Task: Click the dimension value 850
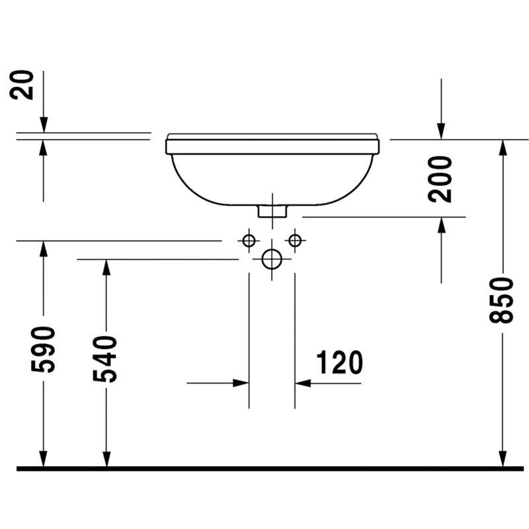pyautogui.click(x=501, y=300)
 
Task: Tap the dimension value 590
pyautogui.click(x=43, y=350)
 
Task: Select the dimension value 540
pyautogui.click(x=105, y=359)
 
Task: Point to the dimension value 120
pyautogui.click(x=339, y=362)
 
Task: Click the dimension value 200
pyautogui.click(x=440, y=179)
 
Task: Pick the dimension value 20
pyautogui.click(x=22, y=85)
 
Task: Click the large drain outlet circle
pyautogui.click(x=272, y=259)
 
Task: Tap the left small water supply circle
pyautogui.click(x=249, y=241)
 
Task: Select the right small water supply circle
pyautogui.click(x=295, y=241)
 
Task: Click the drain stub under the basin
pyautogui.click(x=272, y=211)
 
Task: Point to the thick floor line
pyautogui.click(x=270, y=469)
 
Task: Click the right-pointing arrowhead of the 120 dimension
pyautogui.click(x=241, y=384)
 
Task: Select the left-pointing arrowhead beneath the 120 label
pyautogui.click(x=303, y=384)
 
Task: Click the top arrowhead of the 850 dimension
pyautogui.click(x=503, y=147)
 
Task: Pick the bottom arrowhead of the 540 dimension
pyautogui.click(x=106, y=459)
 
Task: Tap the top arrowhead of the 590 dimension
pyautogui.click(x=43, y=249)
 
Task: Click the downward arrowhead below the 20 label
pyautogui.click(x=44, y=124)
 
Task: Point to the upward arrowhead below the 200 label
pyautogui.click(x=441, y=225)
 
